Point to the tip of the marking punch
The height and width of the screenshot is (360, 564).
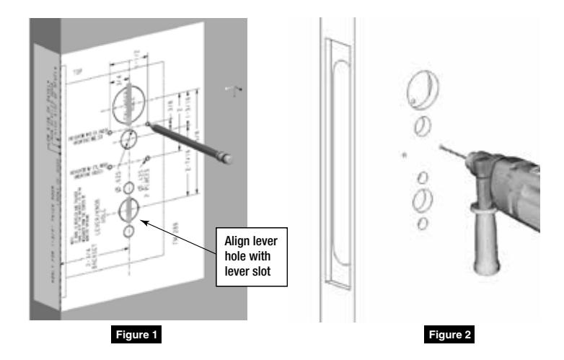pos(149,124)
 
